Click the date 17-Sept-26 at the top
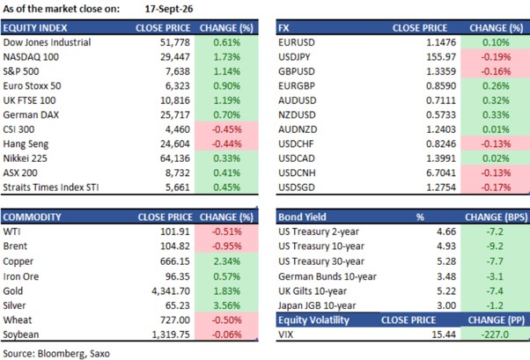click(169, 9)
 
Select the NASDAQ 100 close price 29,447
click(175, 57)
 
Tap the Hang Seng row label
click(26, 144)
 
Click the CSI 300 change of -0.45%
click(227, 129)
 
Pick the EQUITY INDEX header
click(35, 27)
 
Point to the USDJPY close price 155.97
click(441, 57)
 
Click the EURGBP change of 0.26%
click(496, 86)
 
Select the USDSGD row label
click(297, 187)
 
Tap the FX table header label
click(283, 27)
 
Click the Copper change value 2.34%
click(227, 261)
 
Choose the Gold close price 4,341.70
click(171, 291)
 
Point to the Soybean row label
click(21, 334)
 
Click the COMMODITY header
click(32, 217)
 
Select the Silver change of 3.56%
click(227, 305)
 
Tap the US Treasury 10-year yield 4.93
click(446, 246)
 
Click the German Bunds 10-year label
click(328, 276)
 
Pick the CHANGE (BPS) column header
click(497, 217)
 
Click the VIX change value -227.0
click(495, 334)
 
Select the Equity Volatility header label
click(313, 320)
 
